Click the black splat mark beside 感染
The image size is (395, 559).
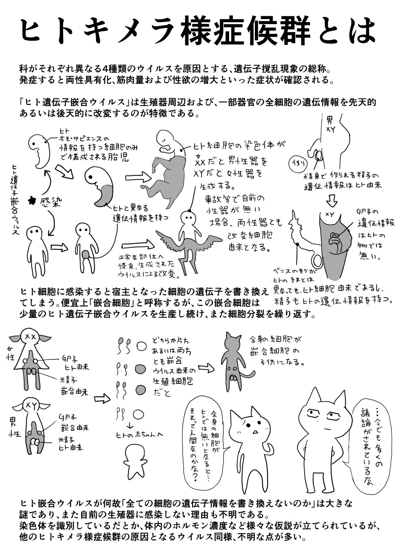(30, 200)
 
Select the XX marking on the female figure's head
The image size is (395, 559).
(30, 336)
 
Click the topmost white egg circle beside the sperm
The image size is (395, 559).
(141, 346)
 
